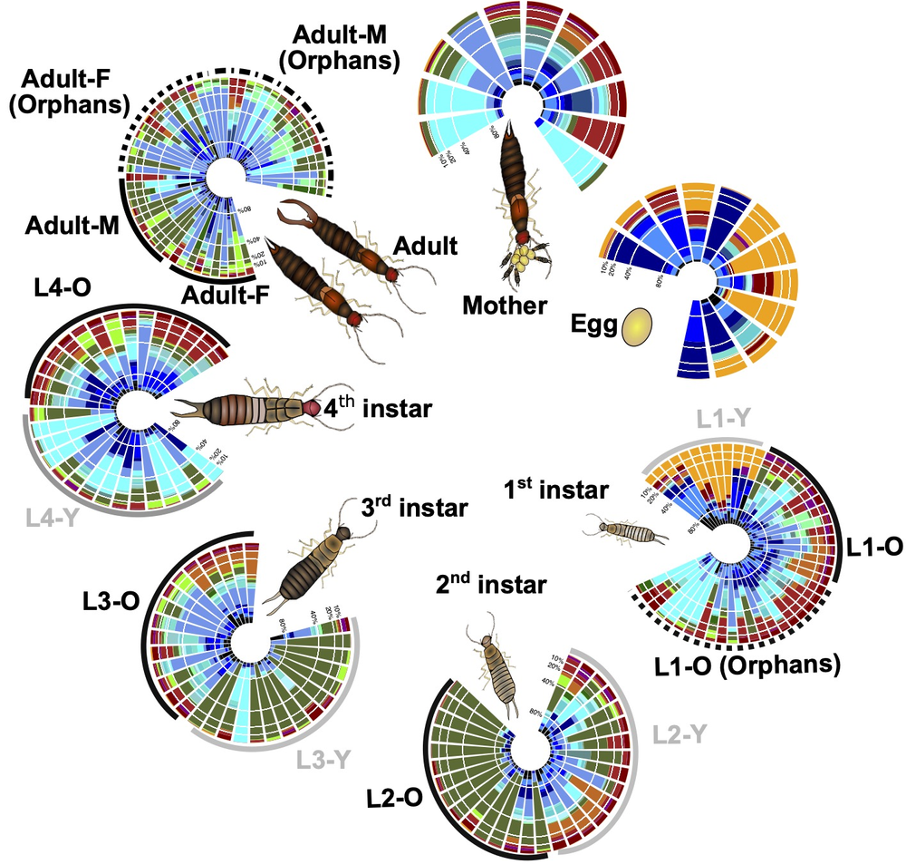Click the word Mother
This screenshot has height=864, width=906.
click(x=506, y=306)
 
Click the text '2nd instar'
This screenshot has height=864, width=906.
click(x=490, y=585)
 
